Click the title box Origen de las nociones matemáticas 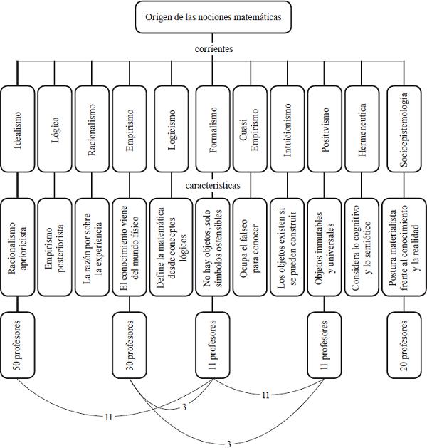[213, 17]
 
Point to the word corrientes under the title [213, 49]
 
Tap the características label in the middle [213, 185]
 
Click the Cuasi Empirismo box [249, 129]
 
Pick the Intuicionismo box [288, 129]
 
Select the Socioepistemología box [404, 129]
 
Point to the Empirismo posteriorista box [56, 237]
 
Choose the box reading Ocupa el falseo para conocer [249, 237]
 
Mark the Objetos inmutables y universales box [326, 237]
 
